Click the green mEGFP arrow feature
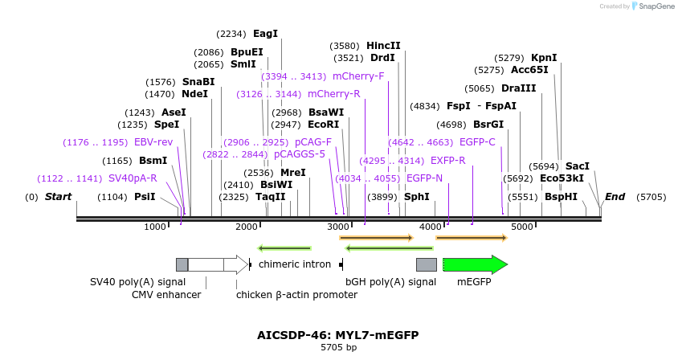pyautogui.click(x=475, y=264)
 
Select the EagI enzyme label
pyautogui.click(x=265, y=34)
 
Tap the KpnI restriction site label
pyautogui.click(x=544, y=58)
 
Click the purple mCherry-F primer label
pyautogui.click(x=358, y=76)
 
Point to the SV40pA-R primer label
pyautogui.click(x=133, y=178)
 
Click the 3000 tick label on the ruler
pyautogui.click(x=338, y=227)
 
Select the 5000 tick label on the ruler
pyautogui.click(x=523, y=227)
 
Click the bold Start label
pyautogui.click(x=58, y=197)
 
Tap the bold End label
pyautogui.click(x=615, y=197)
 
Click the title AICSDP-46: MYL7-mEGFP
pyautogui.click(x=338, y=335)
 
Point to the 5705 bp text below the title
pyautogui.click(x=338, y=348)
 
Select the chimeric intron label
pyautogui.click(x=295, y=264)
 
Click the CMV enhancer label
pyautogui.click(x=166, y=295)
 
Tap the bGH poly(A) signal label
pyautogui.click(x=390, y=282)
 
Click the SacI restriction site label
pyautogui.click(x=578, y=166)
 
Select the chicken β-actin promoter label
pyautogui.click(x=296, y=295)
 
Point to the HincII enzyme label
pyautogui.click(x=383, y=46)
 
